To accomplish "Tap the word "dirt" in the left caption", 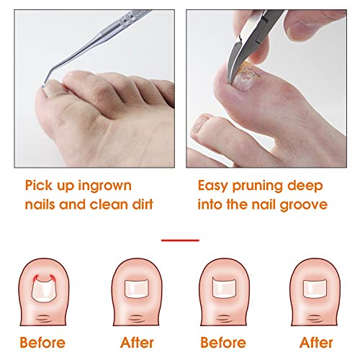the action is point(143,204).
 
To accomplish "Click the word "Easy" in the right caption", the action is point(212,186).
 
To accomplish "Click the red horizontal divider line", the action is point(180,240).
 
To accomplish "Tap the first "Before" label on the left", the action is point(42,342).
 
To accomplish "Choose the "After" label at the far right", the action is point(316,342).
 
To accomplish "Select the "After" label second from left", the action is point(137,342).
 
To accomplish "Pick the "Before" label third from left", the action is point(223,342).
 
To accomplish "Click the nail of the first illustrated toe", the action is point(43,290).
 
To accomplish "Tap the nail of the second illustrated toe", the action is point(137,289).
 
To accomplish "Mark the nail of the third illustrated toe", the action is point(224,287).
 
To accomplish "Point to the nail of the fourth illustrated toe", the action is point(315,289).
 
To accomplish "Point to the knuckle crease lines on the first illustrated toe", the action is point(43,319).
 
